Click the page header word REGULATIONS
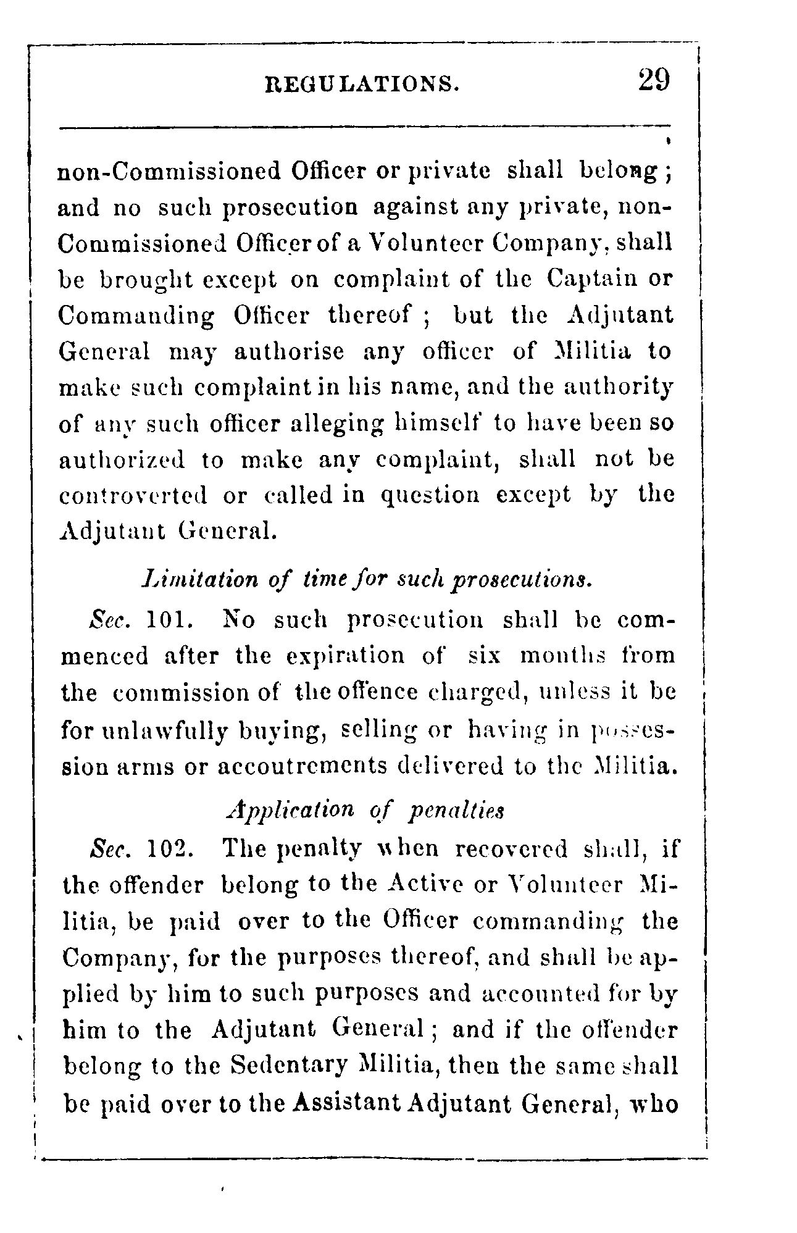click(362, 83)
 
